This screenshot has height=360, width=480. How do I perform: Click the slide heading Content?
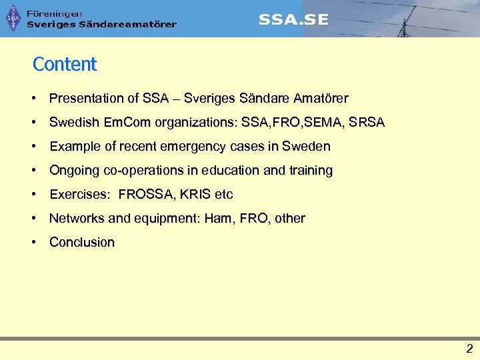tap(65, 64)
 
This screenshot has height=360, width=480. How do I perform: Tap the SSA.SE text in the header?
tap(293, 19)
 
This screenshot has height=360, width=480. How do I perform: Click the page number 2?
tap(469, 348)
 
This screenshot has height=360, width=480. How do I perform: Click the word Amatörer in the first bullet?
tap(321, 98)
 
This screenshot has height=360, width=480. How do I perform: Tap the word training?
tap(309, 170)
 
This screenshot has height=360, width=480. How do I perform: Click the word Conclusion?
tap(82, 242)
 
